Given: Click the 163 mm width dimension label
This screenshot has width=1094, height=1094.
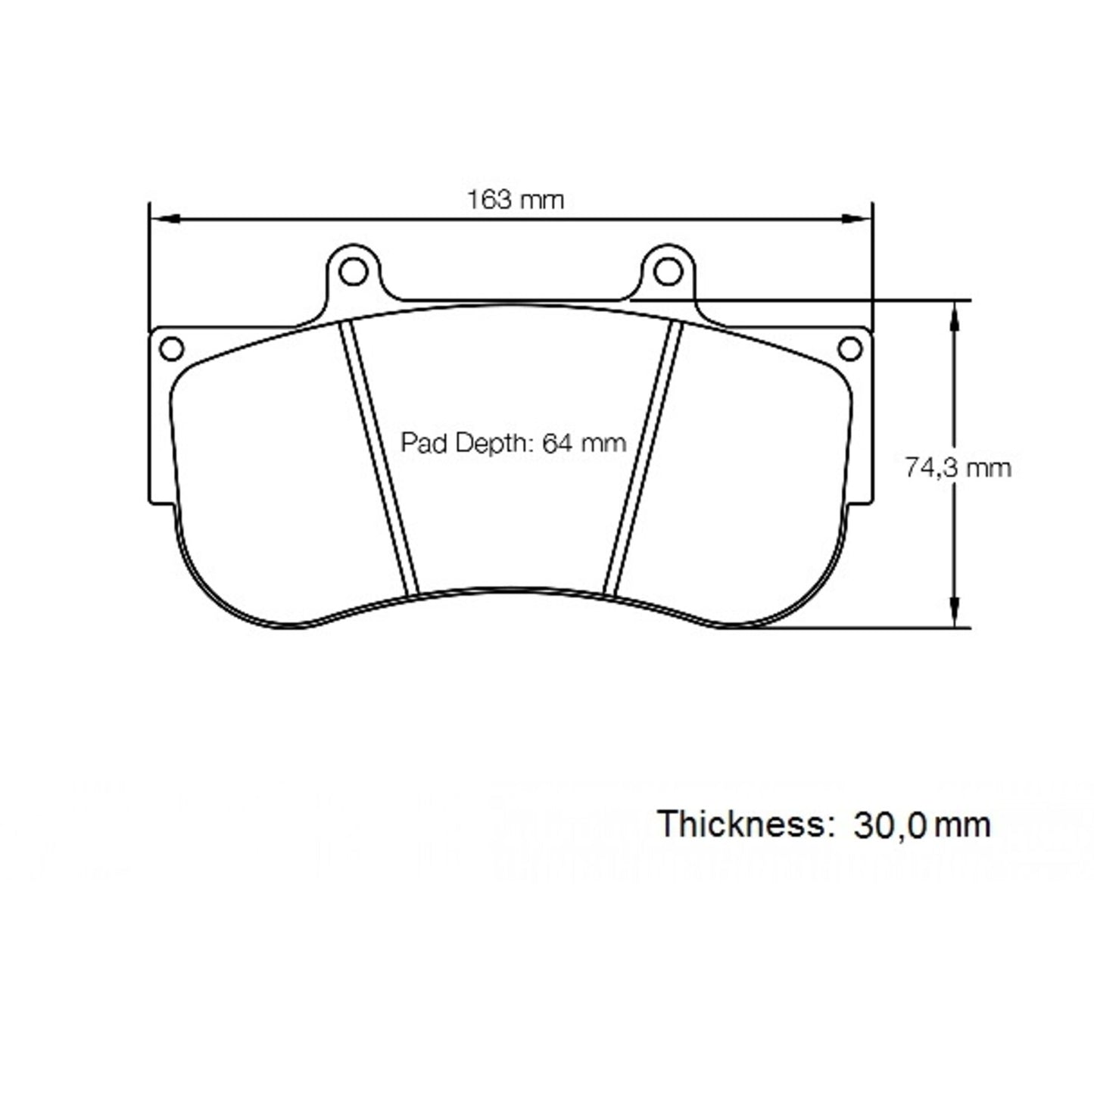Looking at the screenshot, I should point(515,200).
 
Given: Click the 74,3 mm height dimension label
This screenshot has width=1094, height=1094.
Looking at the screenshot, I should point(958,468).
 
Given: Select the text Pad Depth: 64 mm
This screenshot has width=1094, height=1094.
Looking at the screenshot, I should point(513,442).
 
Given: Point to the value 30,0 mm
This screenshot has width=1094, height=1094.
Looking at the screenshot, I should point(921,824).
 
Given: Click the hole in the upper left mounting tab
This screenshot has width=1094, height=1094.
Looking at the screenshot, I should point(352,271).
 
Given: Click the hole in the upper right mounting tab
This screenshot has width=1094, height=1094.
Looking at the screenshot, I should point(667,271).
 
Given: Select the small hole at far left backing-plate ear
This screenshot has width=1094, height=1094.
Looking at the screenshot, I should point(172,348).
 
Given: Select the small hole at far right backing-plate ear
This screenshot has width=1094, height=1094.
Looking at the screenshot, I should point(851,348).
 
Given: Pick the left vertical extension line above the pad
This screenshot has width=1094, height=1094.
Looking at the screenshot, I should point(149,265).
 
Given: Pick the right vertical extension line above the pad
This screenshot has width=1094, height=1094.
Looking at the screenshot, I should point(873,265).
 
